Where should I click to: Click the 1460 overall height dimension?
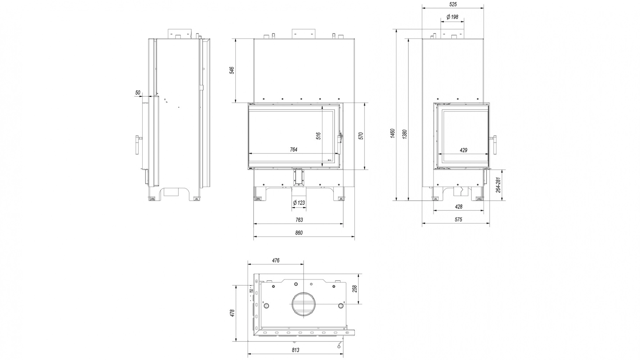click(x=392, y=133)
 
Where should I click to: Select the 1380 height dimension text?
click(x=405, y=134)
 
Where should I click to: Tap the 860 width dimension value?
click(x=299, y=233)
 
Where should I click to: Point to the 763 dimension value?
click(x=299, y=220)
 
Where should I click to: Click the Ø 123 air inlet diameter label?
click(x=299, y=202)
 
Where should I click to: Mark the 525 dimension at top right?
click(x=452, y=5)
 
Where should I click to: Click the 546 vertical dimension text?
click(x=232, y=70)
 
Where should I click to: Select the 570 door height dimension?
click(x=361, y=136)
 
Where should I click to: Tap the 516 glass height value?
click(x=318, y=136)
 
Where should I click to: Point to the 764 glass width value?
click(x=293, y=150)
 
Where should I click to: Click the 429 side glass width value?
click(x=463, y=150)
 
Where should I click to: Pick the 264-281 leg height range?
click(x=498, y=185)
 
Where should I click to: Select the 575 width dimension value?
click(x=458, y=219)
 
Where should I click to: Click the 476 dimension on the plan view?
click(x=276, y=260)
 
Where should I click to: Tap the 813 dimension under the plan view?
click(x=295, y=350)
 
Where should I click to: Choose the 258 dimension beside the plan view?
click(x=355, y=289)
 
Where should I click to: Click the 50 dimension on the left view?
click(x=138, y=93)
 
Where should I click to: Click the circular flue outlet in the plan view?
click(x=304, y=304)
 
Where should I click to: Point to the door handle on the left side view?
click(x=138, y=144)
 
